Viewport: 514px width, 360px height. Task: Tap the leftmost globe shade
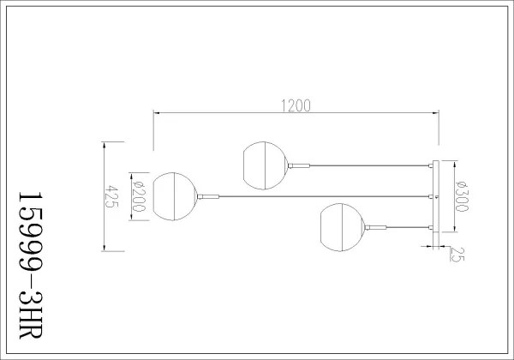(x=176, y=196)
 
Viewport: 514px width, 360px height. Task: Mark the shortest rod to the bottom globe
(x=404, y=226)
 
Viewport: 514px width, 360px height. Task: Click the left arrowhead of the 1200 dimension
(x=156, y=113)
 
